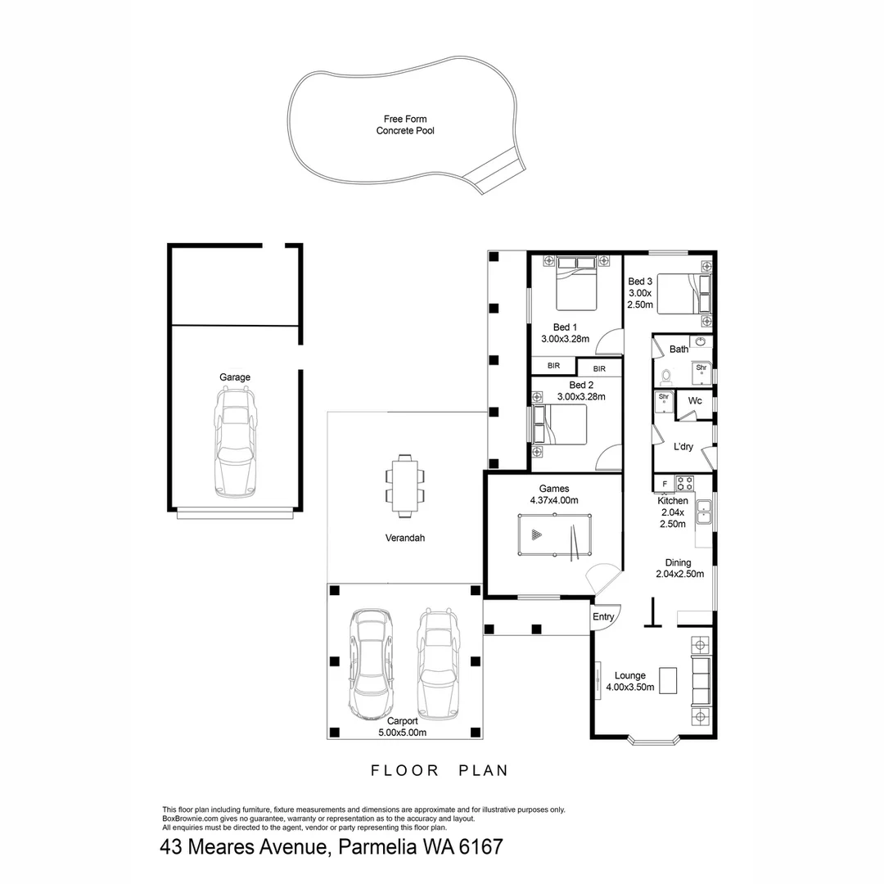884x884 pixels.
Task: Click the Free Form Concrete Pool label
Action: (405, 124)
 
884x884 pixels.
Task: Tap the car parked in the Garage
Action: (236, 442)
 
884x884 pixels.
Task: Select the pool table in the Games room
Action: (555, 536)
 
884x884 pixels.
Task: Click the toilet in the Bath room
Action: (665, 377)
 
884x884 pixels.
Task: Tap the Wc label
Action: (695, 401)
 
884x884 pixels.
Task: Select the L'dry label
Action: (683, 447)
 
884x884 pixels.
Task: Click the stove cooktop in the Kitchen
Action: (684, 482)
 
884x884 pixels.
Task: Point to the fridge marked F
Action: (664, 484)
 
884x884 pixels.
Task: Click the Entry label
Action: (603, 617)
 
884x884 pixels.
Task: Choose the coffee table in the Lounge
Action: (669, 679)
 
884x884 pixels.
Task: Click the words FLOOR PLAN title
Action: (440, 770)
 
